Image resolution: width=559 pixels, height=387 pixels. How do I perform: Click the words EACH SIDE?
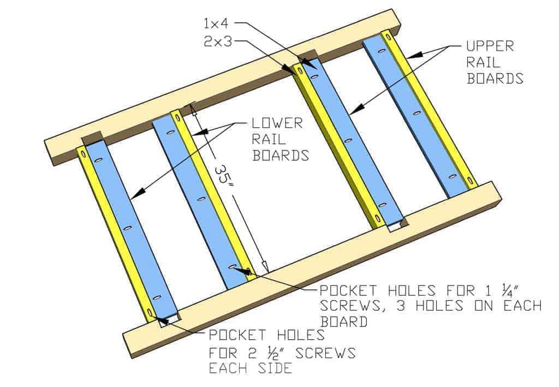tap(250, 368)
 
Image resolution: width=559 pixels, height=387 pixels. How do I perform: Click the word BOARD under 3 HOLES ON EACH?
tap(343, 321)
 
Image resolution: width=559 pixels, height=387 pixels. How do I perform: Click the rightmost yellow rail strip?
tap(431, 109)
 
